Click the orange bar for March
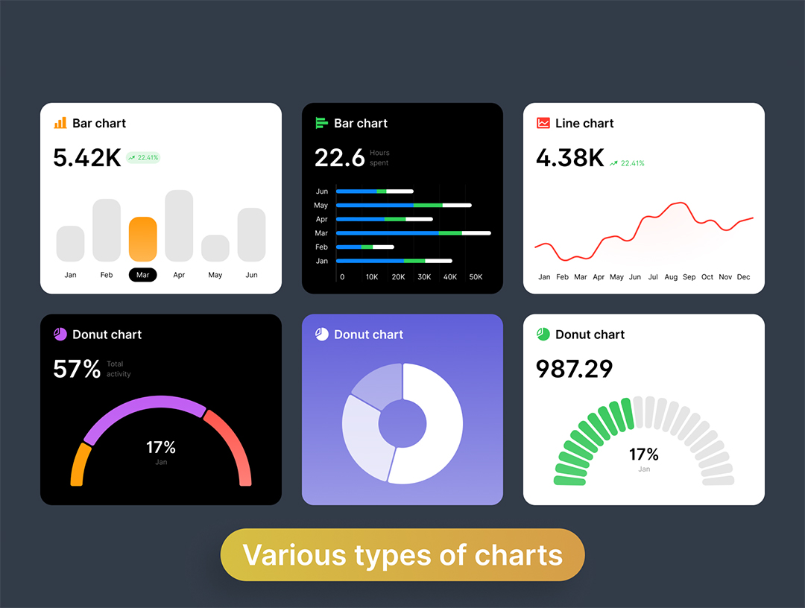pyautogui.click(x=143, y=239)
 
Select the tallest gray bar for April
pyautogui.click(x=179, y=226)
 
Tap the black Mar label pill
pyautogui.click(x=143, y=275)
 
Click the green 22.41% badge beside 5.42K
pyautogui.click(x=143, y=158)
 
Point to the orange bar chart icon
pyautogui.click(x=60, y=123)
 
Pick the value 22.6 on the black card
pyautogui.click(x=339, y=158)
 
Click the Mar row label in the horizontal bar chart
pyautogui.click(x=321, y=233)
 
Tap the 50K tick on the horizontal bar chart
pyautogui.click(x=475, y=277)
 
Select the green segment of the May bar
pyautogui.click(x=428, y=205)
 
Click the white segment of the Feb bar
pyautogui.click(x=383, y=247)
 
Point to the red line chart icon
pyautogui.click(x=543, y=123)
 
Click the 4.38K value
pyautogui.click(x=570, y=158)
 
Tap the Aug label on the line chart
pyautogui.click(x=671, y=277)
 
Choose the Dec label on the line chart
pyautogui.click(x=743, y=277)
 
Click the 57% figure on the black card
pyautogui.click(x=77, y=369)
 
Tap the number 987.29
pyautogui.click(x=575, y=369)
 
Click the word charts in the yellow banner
pyautogui.click(x=519, y=555)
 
